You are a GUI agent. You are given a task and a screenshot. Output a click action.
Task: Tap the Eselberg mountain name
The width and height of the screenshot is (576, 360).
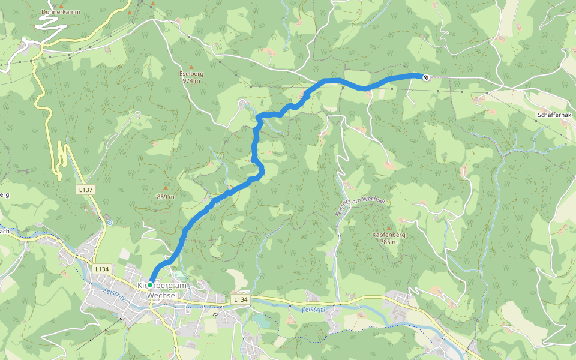click(191, 73)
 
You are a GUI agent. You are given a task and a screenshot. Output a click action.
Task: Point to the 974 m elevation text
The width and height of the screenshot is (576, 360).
click(191, 80)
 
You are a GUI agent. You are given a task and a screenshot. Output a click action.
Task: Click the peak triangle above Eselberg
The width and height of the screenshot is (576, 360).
click(191, 67)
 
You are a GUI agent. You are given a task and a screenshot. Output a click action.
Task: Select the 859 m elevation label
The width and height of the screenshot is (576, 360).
click(165, 196)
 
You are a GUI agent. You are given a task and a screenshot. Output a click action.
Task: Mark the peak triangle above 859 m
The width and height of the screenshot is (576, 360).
click(166, 188)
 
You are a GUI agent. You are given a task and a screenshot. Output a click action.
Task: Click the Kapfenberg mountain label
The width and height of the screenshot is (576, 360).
click(388, 235)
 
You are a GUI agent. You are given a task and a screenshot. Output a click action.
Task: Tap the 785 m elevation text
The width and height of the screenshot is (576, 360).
click(388, 242)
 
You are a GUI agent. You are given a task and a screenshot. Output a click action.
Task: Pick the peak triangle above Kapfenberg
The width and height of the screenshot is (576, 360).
click(388, 228)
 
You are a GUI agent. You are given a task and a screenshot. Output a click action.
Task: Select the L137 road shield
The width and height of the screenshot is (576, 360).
click(86, 189)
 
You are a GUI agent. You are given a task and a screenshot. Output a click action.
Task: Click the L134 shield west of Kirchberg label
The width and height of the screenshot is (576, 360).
click(101, 269)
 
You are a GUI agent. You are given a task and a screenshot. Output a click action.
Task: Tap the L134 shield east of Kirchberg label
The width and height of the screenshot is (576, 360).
click(241, 298)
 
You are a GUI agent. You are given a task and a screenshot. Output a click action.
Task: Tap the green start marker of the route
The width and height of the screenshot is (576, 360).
click(150, 285)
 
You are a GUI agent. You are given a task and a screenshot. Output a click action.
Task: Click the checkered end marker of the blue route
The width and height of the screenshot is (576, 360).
click(425, 77)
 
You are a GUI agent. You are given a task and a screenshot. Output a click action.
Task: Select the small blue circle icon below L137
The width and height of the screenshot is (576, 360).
click(109, 223)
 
